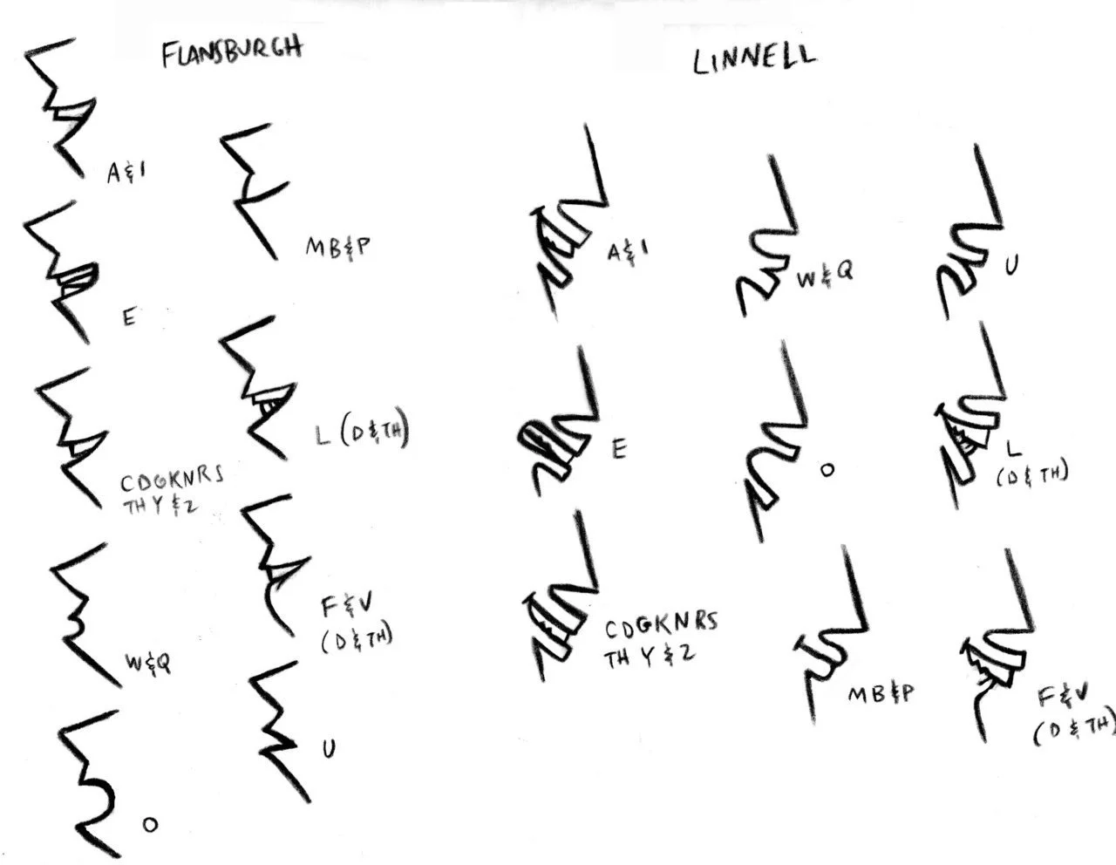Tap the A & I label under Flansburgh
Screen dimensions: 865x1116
coord(126,172)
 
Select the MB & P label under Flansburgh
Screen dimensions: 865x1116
coord(337,247)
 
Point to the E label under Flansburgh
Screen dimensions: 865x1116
coord(129,317)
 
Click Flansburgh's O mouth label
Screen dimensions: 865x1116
coord(150,823)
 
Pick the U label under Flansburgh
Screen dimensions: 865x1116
coord(329,748)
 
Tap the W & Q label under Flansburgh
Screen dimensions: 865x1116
coord(147,663)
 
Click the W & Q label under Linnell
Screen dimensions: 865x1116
coord(825,276)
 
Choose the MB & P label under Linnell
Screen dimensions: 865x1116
coord(881,693)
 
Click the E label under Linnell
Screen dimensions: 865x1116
coord(618,448)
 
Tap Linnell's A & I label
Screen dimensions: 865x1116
coord(628,252)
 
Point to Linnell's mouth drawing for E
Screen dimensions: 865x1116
coord(559,427)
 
